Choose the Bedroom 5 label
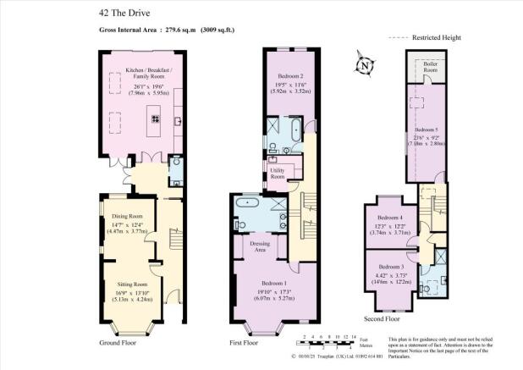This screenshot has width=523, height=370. point(427,130)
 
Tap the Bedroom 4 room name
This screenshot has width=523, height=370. point(390,218)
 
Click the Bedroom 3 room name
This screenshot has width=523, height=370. point(390,267)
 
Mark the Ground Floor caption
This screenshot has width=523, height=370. point(118,343)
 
